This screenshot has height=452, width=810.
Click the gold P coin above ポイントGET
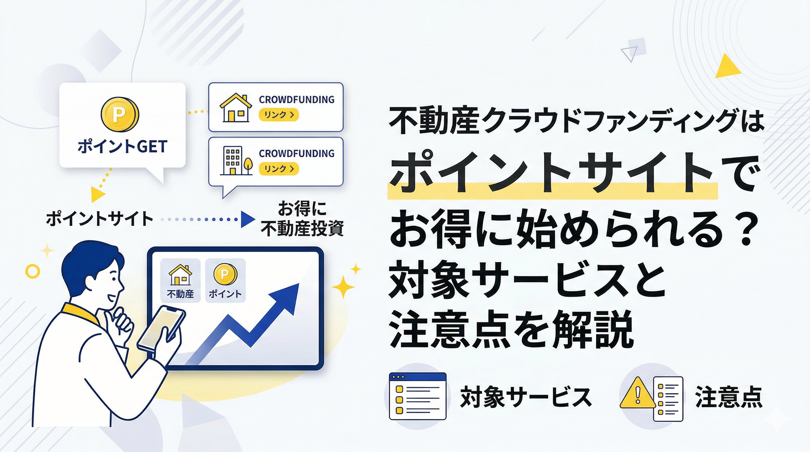click(120, 114)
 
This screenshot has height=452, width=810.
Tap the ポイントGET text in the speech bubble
click(122, 147)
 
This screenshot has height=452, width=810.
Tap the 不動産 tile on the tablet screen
click(180, 280)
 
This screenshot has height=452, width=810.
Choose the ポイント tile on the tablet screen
click(225, 280)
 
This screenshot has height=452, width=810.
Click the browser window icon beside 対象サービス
click(418, 396)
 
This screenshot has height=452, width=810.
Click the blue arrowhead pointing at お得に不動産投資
click(248, 219)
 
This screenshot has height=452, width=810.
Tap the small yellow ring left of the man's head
click(33, 271)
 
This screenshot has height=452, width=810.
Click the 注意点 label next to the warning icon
click(729, 397)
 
